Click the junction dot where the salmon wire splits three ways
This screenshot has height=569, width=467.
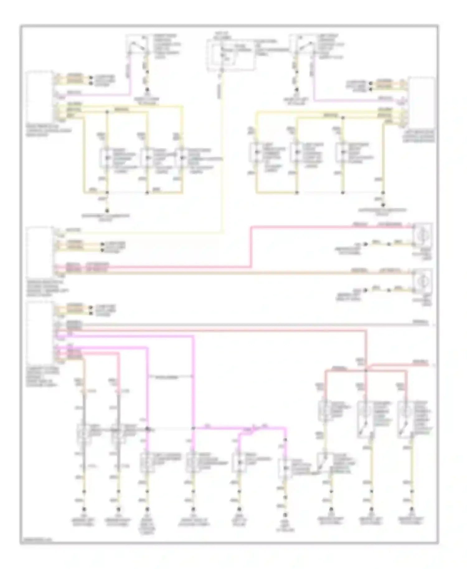(x=366, y=370)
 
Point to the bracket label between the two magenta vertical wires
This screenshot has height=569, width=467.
(x=170, y=377)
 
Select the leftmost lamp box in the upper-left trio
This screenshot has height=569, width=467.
(x=107, y=158)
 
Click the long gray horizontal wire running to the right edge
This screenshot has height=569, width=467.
(x=249, y=325)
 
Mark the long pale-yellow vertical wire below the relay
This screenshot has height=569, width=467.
(x=222, y=156)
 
